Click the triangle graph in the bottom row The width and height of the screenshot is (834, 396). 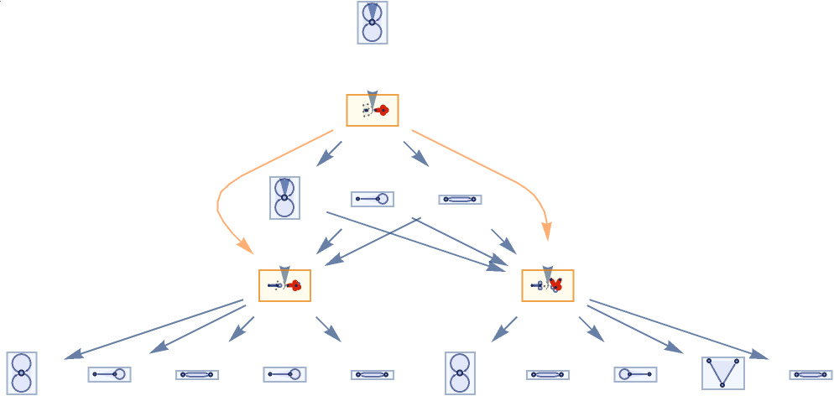tap(723, 373)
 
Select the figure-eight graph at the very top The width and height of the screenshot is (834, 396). tap(372, 23)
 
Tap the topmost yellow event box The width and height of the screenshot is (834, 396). tap(372, 110)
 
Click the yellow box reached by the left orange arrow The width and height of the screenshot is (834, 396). tap(284, 286)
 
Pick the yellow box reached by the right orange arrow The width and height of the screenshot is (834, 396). tap(547, 286)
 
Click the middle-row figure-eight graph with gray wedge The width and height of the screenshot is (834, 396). tap(284, 198)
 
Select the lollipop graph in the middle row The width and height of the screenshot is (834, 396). tap(372, 199)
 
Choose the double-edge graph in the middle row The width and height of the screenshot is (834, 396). tap(459, 199)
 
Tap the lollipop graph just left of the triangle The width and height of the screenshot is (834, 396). tap(634, 374)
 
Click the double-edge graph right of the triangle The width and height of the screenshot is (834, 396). tap(811, 374)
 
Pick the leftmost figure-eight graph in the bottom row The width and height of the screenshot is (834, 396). tap(21, 373)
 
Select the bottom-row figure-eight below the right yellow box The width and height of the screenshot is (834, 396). tap(459, 373)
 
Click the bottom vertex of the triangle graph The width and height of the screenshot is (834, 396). tap(723, 384)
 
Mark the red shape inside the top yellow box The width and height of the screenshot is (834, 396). tap(382, 110)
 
